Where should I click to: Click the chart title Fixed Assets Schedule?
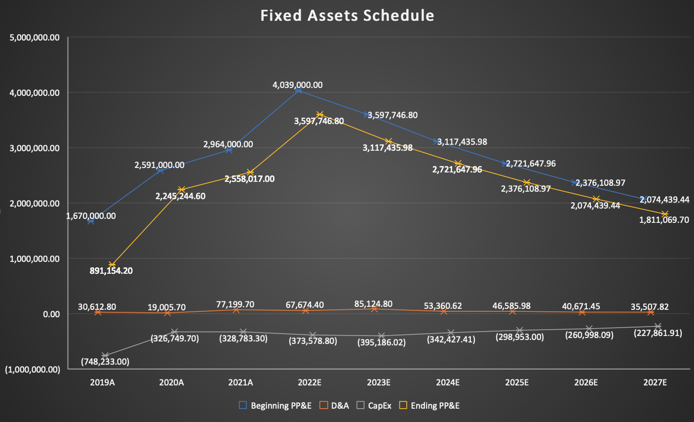347,16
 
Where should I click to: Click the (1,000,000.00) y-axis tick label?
33,370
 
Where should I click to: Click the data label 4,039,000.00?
297,85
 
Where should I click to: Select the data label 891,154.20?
111,271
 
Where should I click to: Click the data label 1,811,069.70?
664,220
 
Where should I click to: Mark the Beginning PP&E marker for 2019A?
91,221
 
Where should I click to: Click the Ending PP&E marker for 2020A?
181,190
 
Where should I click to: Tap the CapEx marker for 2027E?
657,326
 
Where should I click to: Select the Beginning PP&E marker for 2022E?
298,91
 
